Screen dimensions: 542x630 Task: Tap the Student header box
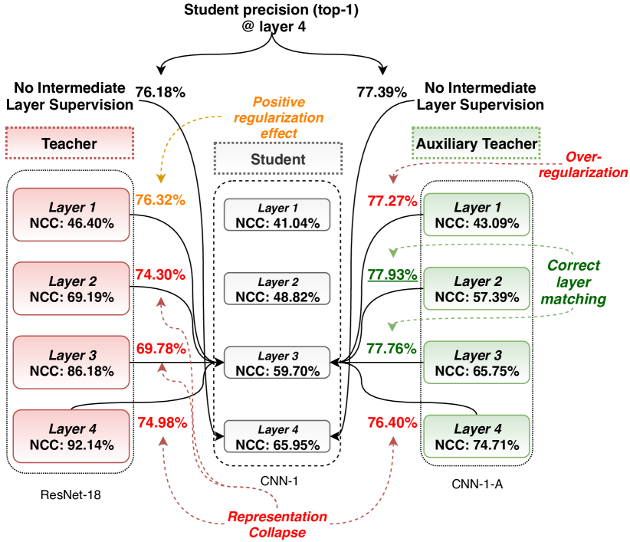(x=277, y=159)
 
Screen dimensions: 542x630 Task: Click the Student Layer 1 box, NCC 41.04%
(x=277, y=215)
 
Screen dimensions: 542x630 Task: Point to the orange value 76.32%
(x=160, y=200)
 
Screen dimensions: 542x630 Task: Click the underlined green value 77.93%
(x=392, y=274)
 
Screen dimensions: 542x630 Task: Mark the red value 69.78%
(x=160, y=349)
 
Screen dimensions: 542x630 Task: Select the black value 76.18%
(x=160, y=93)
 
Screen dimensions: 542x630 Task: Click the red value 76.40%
(x=392, y=422)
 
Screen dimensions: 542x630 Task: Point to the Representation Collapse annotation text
(x=277, y=524)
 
